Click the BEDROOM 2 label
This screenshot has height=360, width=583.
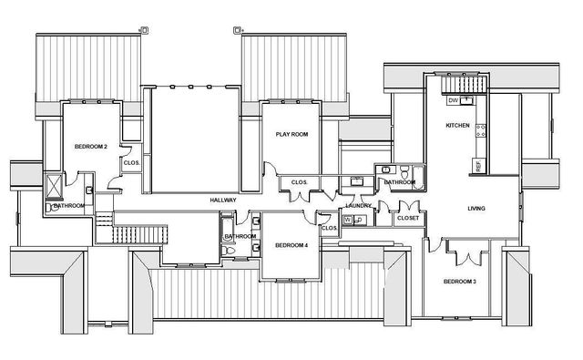click(91, 147)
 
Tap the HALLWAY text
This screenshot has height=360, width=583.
click(223, 200)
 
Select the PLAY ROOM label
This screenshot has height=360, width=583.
click(292, 135)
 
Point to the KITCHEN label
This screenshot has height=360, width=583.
click(456, 125)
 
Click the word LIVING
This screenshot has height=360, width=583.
click(476, 209)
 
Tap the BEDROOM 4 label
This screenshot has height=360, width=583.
click(291, 245)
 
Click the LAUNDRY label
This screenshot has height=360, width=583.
click(358, 206)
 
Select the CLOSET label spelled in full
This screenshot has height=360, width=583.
click(408, 219)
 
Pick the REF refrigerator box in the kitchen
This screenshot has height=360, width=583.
click(477, 165)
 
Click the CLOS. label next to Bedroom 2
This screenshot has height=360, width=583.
click(131, 164)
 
